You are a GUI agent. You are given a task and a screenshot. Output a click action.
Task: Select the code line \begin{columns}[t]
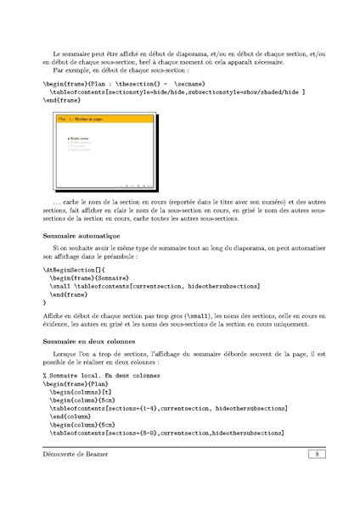pyautogui.click(x=81, y=394)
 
